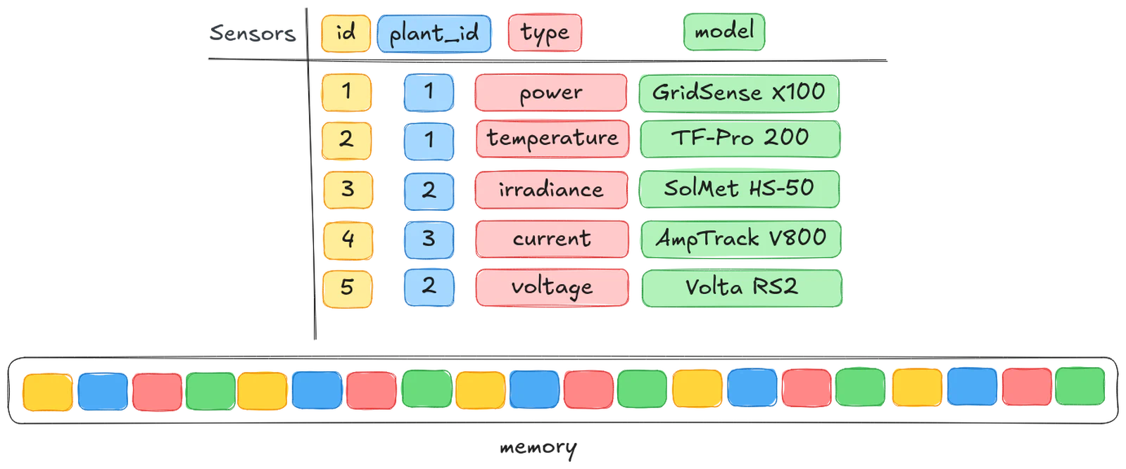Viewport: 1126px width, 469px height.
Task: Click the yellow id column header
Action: coord(345,32)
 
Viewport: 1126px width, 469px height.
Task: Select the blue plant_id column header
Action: coord(434,33)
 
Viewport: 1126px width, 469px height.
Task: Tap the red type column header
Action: coord(544,32)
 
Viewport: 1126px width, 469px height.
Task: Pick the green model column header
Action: coord(723,31)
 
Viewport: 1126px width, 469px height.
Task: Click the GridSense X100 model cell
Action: coord(739,92)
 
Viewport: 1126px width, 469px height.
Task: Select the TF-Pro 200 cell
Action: coord(740,138)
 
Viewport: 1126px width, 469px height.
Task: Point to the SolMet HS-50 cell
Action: coord(739,188)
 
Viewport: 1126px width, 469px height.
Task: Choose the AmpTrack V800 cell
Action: coord(740,238)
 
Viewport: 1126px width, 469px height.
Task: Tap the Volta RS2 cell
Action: coord(742,287)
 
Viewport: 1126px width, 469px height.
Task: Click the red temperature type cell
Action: coord(552,139)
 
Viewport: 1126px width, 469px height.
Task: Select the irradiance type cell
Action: coord(551,189)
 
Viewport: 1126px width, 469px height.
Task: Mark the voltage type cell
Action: coord(552,287)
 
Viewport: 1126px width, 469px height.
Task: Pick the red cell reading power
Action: coord(551,93)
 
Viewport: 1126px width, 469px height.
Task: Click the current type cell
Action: coord(552,238)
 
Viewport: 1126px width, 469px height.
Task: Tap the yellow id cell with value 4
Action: coord(347,239)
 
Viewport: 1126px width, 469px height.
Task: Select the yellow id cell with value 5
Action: coord(347,287)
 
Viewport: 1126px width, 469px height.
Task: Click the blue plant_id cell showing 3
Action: coord(429,239)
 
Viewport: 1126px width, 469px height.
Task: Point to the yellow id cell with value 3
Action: coord(347,189)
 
